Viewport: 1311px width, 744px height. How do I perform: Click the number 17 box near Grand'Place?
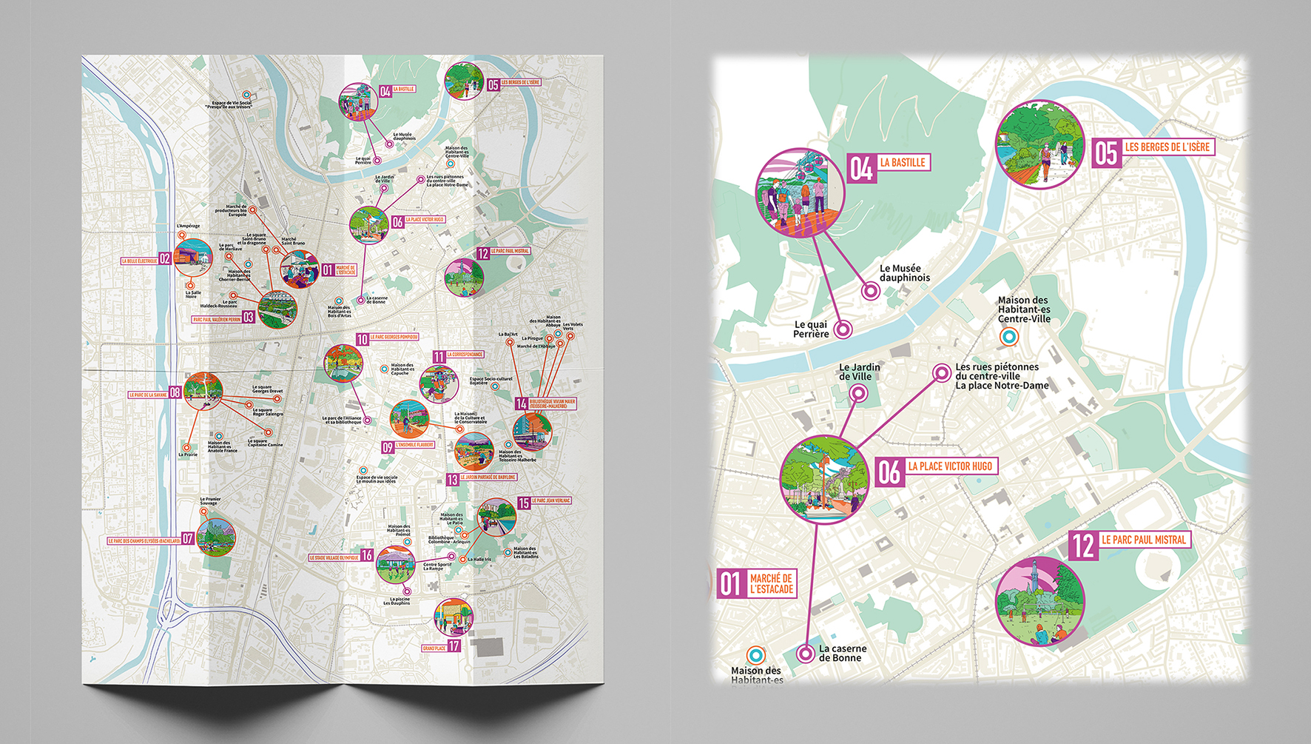pos(454,646)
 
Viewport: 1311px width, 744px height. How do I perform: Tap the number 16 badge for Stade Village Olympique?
pos(367,556)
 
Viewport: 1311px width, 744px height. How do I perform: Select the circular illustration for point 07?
pos(216,538)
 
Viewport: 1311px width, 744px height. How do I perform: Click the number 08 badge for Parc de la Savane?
pos(175,393)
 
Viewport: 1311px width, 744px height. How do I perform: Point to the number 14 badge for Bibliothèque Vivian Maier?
pos(522,403)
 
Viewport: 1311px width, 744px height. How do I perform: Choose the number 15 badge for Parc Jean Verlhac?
pos(524,503)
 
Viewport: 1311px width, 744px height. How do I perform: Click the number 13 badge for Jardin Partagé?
pos(453,480)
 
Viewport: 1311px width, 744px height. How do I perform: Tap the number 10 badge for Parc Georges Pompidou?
pos(362,339)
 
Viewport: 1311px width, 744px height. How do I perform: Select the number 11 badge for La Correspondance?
pos(439,357)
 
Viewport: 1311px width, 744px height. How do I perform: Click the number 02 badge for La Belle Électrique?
pos(165,259)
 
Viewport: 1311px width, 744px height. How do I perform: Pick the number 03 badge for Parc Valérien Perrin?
pos(249,318)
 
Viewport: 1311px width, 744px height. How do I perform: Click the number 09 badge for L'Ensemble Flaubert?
pos(388,447)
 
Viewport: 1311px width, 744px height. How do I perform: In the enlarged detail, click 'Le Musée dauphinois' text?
pos(904,273)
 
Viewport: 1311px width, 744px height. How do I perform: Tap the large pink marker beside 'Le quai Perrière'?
pos(843,329)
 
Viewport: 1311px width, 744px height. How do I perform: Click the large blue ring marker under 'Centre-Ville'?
pos(1008,338)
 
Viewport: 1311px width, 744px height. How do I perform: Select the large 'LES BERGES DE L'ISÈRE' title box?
pos(1167,147)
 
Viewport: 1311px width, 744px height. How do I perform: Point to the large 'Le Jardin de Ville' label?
pos(859,372)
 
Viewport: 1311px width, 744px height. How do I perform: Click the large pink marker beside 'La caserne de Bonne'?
pos(805,654)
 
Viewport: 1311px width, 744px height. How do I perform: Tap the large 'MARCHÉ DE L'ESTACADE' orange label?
pos(771,584)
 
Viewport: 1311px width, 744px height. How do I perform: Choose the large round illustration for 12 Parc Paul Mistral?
pos(1039,601)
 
